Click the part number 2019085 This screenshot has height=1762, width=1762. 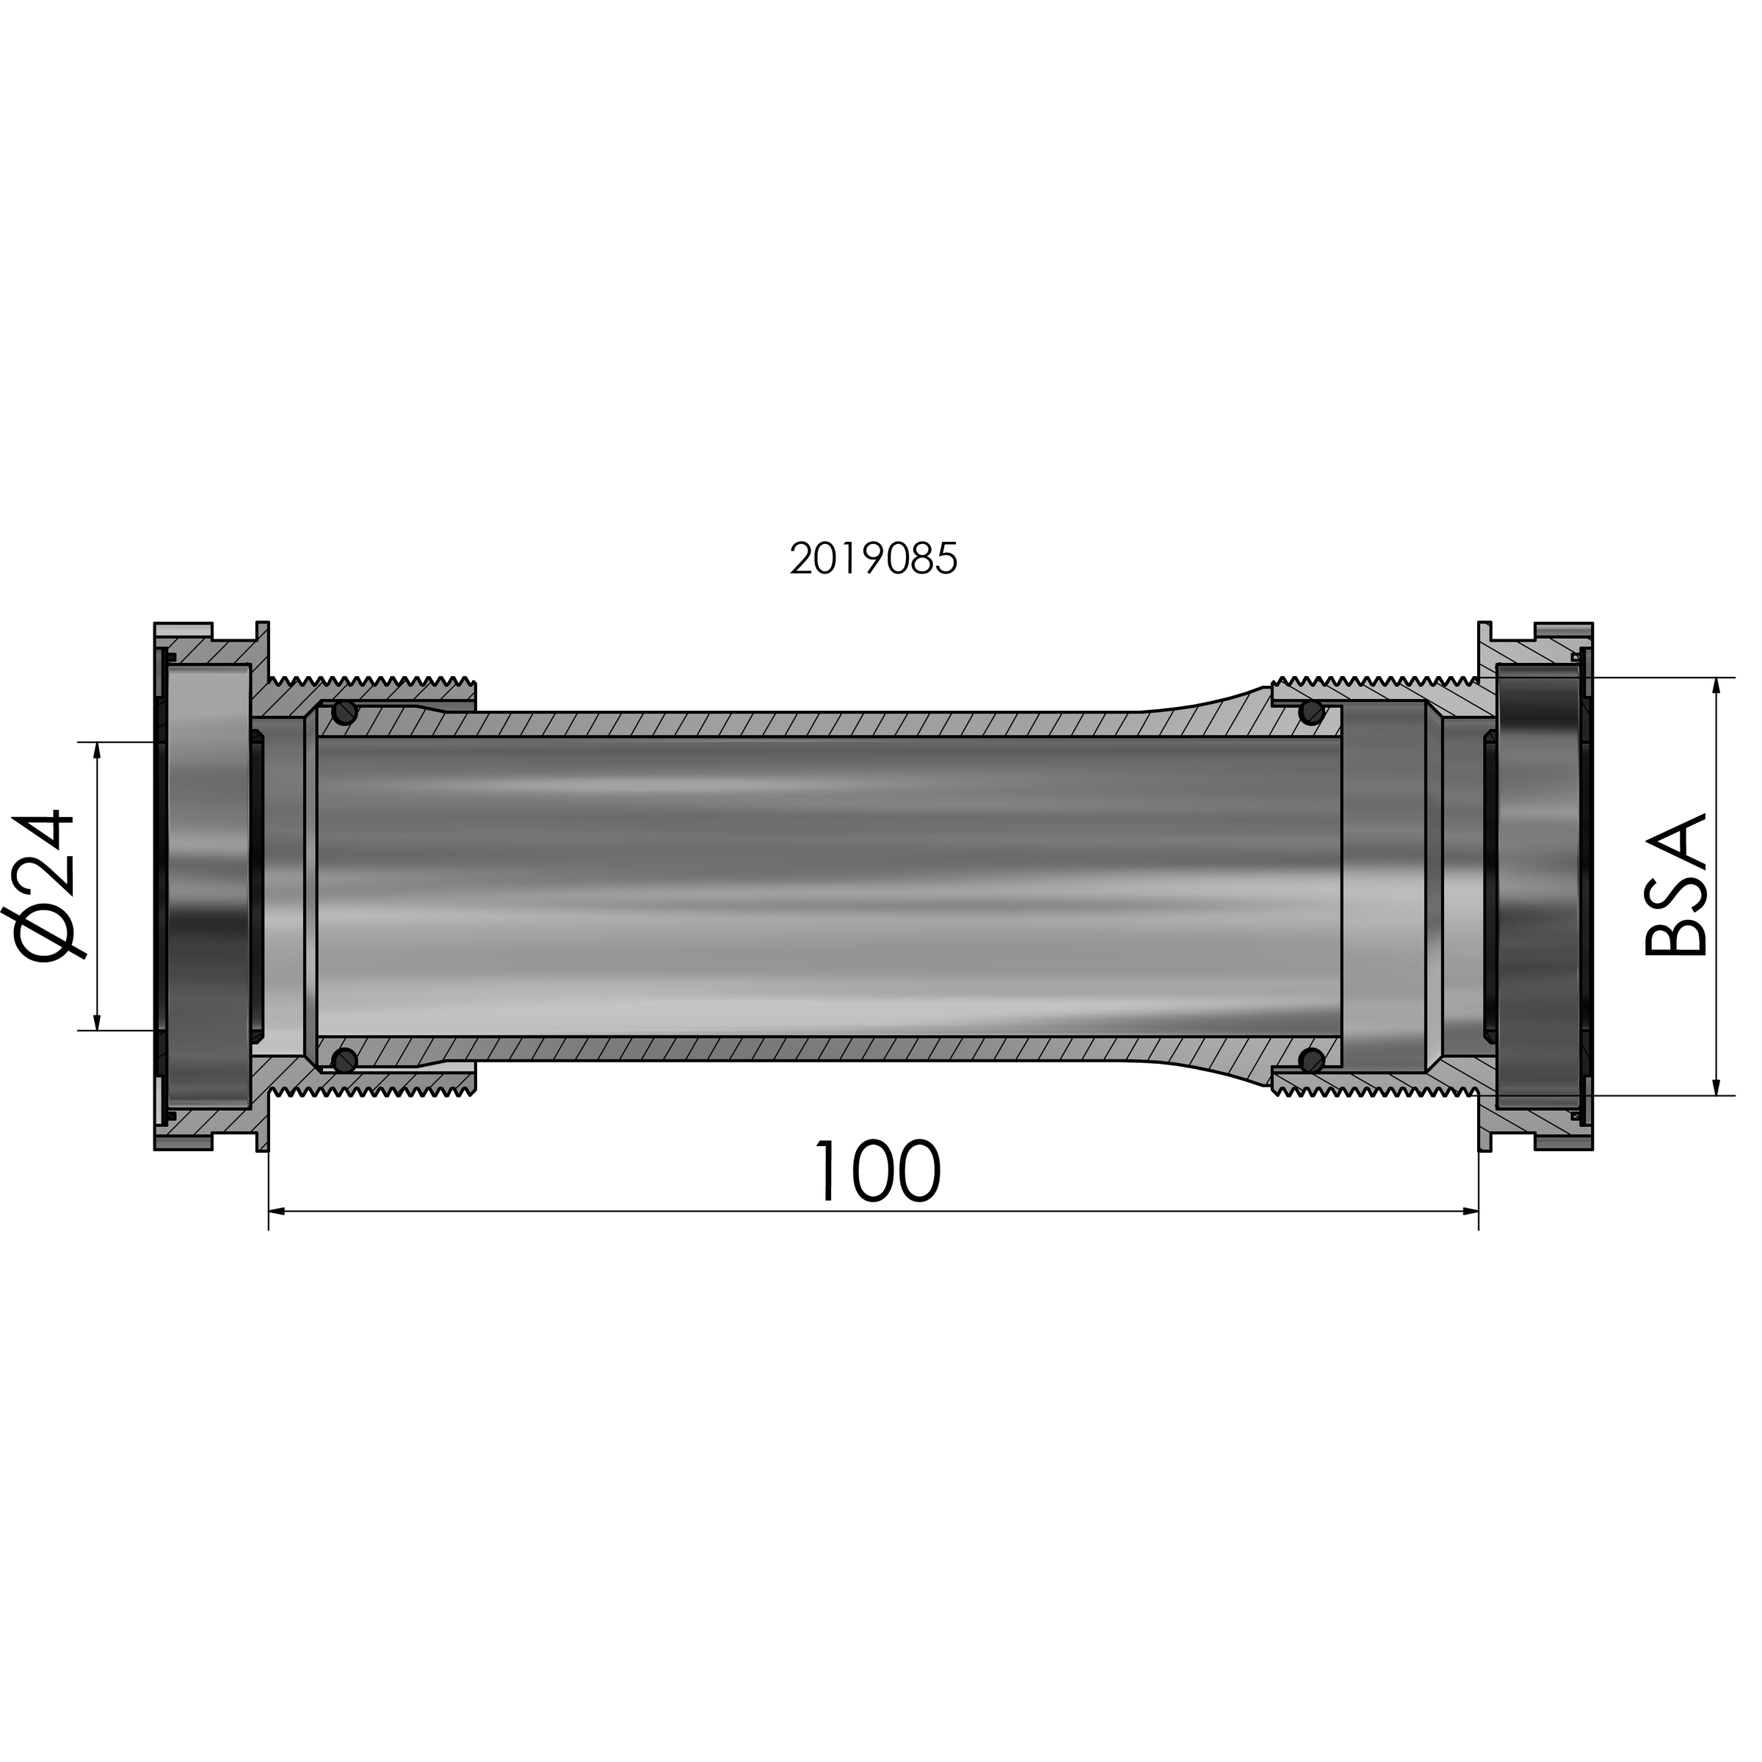tap(873, 558)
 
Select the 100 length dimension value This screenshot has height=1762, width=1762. tap(876, 1171)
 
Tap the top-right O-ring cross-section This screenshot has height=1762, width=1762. tap(1311, 712)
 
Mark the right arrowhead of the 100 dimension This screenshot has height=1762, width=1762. tap(1469, 1211)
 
